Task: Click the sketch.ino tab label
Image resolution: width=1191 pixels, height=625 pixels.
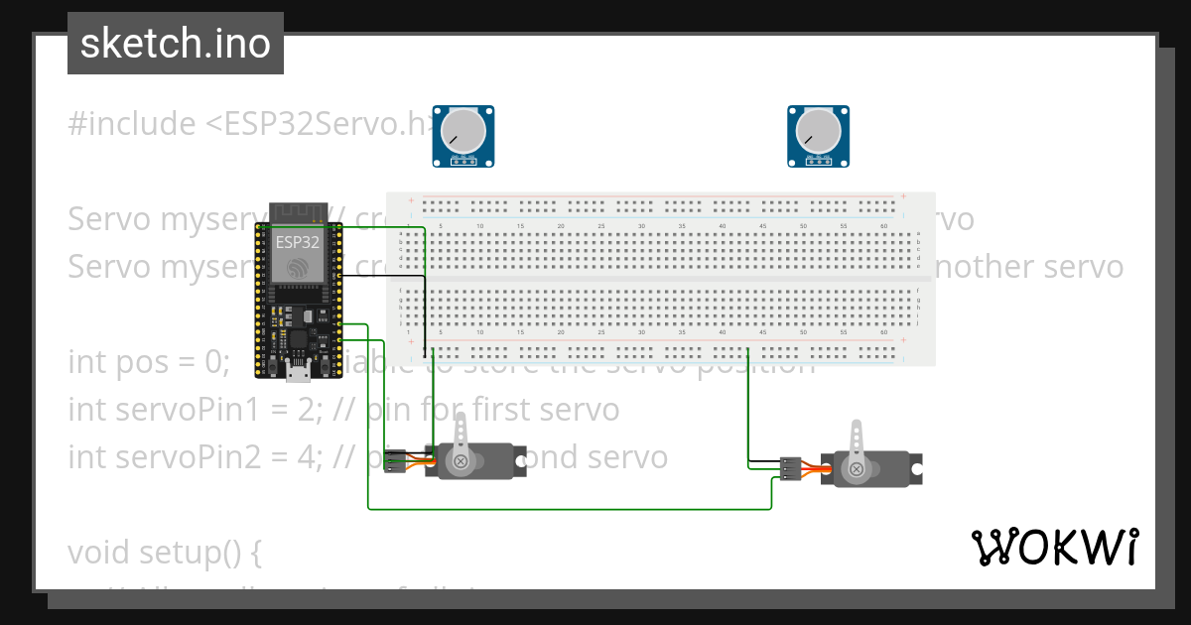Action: (x=175, y=44)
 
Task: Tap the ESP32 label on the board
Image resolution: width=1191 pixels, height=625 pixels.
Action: (x=298, y=242)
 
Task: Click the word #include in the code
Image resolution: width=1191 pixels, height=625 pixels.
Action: (x=132, y=124)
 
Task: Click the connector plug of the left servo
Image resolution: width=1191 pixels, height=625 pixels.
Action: (x=395, y=461)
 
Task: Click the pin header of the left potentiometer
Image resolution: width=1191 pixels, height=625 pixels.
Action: (x=463, y=159)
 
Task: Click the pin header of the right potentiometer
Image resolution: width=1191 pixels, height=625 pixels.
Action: (x=818, y=159)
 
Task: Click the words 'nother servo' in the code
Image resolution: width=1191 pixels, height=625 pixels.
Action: (x=1029, y=267)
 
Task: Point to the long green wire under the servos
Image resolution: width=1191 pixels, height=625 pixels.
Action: (x=566, y=509)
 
